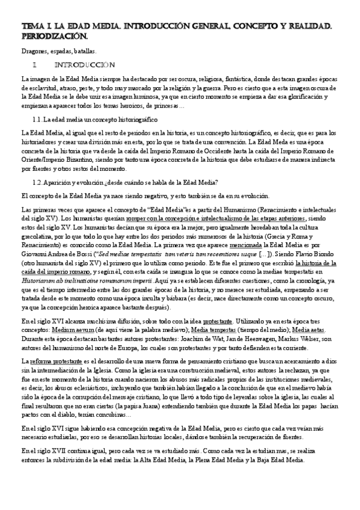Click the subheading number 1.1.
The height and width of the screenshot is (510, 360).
[38, 120]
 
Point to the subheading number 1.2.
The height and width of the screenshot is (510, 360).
[38, 182]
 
